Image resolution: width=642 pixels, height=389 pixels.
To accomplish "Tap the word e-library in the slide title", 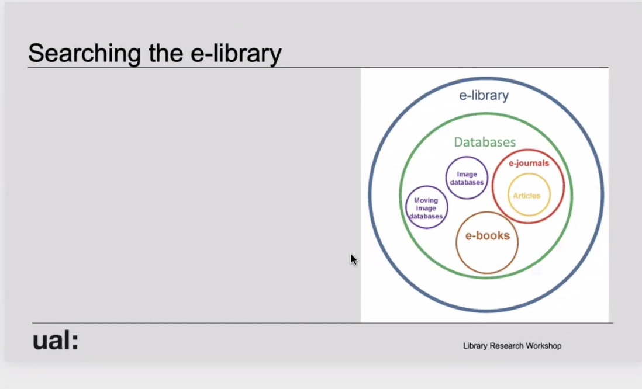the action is coord(236,54).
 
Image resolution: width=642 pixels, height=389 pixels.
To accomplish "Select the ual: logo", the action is coord(56,341).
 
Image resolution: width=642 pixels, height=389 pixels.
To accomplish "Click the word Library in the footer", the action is coord(475,346).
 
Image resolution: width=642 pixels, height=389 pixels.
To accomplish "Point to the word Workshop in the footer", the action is coord(543,346).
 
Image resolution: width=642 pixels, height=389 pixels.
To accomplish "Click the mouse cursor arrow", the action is coord(354,260).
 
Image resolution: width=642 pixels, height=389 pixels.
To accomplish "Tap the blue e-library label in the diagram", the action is coord(484,95).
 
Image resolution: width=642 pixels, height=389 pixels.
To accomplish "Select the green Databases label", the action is coord(485,142).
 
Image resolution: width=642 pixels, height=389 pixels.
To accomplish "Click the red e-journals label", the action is coord(529,163).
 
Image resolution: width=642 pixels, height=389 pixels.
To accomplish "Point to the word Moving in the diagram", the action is coord(426,200).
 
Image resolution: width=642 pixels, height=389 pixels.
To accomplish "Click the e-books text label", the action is coord(487,235).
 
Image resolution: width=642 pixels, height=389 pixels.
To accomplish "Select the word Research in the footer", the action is coord(506,346).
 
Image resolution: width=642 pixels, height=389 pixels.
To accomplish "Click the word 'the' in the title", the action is coord(166,53).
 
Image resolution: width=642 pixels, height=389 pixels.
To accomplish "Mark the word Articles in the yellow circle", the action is coord(527,196).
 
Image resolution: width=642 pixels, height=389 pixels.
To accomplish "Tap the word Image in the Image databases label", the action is coord(467,174).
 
